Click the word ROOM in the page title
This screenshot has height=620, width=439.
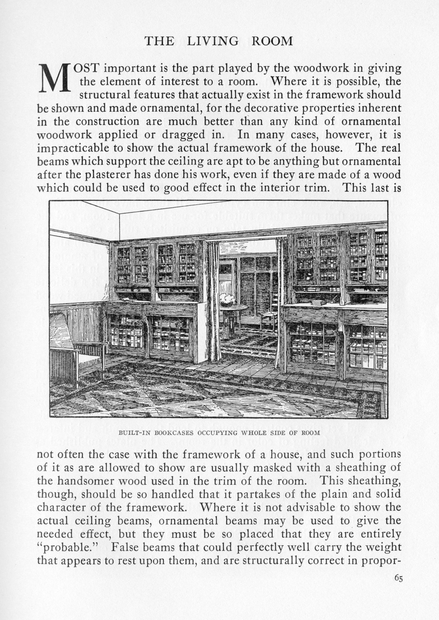pyautogui.click(x=272, y=41)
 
